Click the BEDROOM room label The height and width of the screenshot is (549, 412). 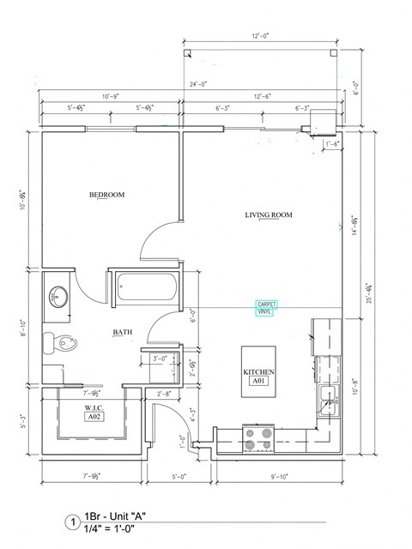coord(107,196)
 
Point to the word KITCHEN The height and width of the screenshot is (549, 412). coord(258,372)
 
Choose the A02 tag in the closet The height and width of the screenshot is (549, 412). coord(94,416)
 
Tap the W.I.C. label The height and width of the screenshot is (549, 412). coord(94,407)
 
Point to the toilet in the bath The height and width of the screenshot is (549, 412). coord(65,344)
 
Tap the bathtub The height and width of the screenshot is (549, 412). coord(145,287)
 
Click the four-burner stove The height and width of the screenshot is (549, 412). coord(259,437)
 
